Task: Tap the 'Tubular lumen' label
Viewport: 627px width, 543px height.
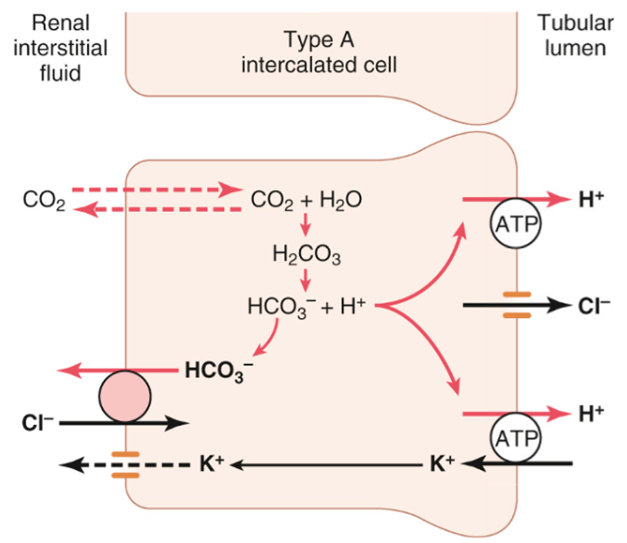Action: (x=572, y=37)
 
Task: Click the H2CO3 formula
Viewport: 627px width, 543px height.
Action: (x=306, y=257)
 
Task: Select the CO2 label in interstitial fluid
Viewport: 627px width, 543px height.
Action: (x=45, y=201)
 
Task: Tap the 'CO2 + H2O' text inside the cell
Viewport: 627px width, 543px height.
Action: (x=306, y=201)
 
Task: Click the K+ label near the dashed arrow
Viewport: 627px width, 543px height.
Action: (x=212, y=463)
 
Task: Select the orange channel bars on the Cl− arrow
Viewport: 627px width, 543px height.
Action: (x=517, y=306)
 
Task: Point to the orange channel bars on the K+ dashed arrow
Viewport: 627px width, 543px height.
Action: (x=125, y=464)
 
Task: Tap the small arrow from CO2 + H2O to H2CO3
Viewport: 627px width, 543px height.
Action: (x=306, y=229)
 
